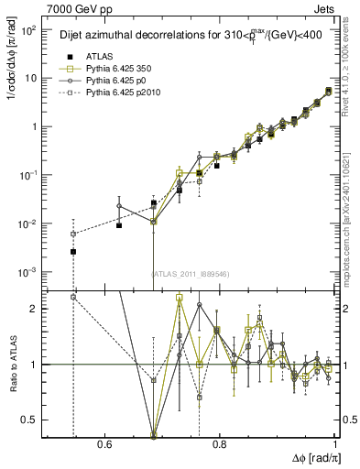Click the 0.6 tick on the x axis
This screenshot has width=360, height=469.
pyautogui.click(x=104, y=444)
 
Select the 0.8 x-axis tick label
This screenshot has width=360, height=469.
pyautogui.click(x=219, y=444)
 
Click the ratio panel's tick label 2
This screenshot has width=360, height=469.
pyautogui.click(x=36, y=309)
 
